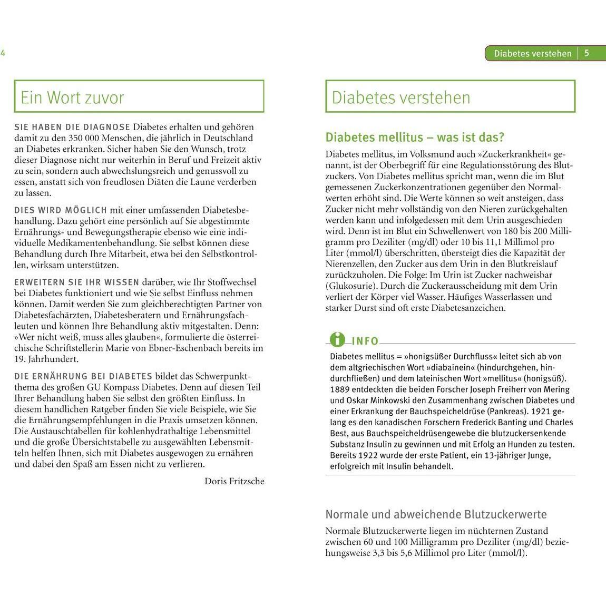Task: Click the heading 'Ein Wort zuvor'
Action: click(72, 97)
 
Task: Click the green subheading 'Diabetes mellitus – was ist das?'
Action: click(415, 137)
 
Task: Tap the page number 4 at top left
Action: click(3, 53)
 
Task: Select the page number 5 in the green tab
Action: click(587, 53)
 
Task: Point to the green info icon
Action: click(337, 340)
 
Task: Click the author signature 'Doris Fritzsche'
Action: click(234, 481)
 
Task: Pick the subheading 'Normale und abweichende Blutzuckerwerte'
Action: click(436, 514)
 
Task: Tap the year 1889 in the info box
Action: click(340, 389)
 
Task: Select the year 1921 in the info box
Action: click(530, 411)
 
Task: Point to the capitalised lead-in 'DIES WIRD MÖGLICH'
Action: click(61, 210)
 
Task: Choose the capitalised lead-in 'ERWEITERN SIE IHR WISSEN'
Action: click(76, 282)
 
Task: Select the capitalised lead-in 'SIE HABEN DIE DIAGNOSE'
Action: click(72, 127)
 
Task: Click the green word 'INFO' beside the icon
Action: click(365, 341)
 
